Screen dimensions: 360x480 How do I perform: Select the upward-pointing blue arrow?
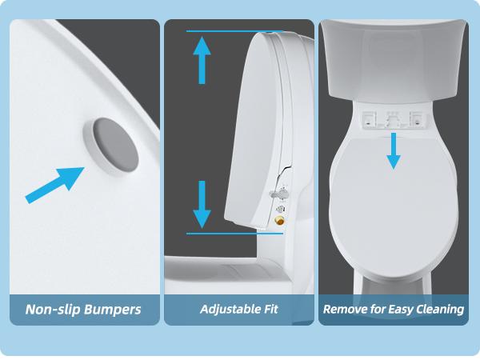[202, 59]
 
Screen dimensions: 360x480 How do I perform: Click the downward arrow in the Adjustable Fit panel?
[202, 205]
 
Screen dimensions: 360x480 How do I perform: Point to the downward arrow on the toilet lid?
[393, 150]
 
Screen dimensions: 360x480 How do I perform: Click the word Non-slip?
[54, 309]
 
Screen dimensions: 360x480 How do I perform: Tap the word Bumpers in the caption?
[113, 309]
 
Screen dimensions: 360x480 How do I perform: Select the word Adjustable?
[230, 309]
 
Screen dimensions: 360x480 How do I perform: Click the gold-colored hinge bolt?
[279, 220]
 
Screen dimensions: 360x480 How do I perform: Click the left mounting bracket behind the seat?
[370, 118]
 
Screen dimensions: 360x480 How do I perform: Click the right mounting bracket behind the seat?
[415, 118]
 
